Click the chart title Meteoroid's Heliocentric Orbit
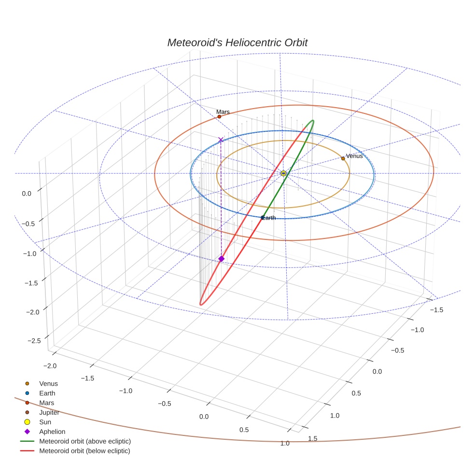237,42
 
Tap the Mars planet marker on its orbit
219,116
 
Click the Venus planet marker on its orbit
343,158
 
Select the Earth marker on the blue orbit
263,218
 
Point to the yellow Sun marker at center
283,173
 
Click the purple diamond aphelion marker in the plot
221,259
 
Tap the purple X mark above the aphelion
221,140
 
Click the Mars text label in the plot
223,112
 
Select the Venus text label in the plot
354,156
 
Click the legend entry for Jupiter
49,412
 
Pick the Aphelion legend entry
52,432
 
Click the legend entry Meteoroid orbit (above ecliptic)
85,441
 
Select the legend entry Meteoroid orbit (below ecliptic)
84,451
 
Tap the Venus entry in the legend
48,383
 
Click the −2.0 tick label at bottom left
50,366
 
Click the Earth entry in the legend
47,393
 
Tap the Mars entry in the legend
46,403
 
